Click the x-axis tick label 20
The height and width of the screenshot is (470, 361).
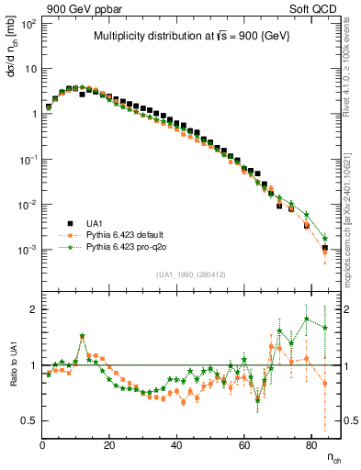tap(110, 445)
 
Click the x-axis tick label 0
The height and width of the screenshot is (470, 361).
tap(43, 445)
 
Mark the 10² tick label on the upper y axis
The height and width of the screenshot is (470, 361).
tap(29, 24)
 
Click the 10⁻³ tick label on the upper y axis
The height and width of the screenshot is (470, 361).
tap(28, 250)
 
